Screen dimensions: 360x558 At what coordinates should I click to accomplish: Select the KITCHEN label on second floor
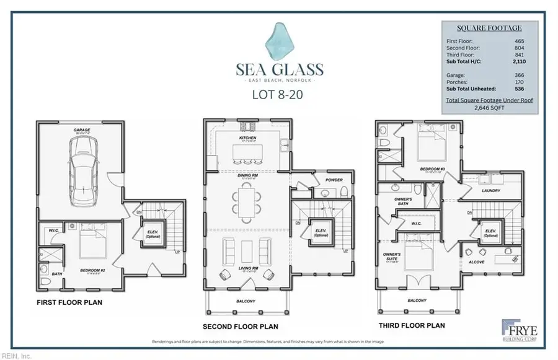(247, 138)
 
